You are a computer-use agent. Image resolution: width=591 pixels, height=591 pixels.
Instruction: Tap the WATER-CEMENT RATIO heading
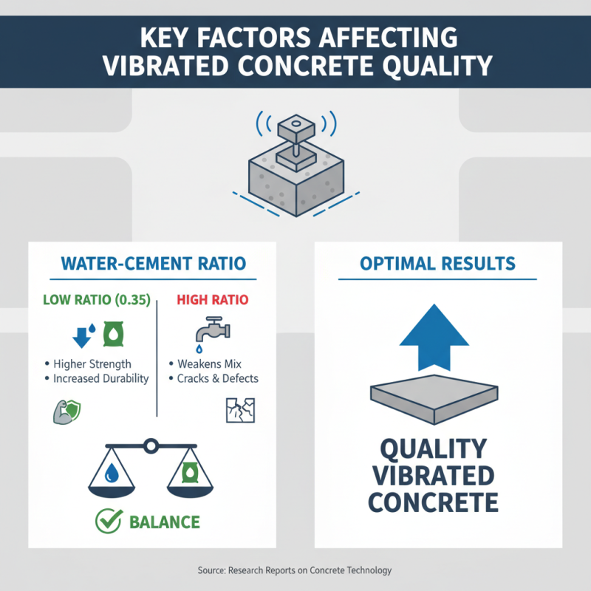152,264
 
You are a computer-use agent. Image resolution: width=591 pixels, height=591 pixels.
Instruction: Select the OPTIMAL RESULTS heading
437,264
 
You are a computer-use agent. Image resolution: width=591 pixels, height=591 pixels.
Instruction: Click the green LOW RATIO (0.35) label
97,301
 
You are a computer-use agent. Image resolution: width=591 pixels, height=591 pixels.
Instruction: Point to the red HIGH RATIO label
213,301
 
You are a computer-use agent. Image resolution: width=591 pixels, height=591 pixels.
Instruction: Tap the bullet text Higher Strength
92,363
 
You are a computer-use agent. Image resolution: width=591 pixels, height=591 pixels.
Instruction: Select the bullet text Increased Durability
100,378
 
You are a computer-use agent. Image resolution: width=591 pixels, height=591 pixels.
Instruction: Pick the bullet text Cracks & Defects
217,378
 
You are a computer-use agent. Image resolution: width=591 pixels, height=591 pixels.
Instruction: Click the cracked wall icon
234,410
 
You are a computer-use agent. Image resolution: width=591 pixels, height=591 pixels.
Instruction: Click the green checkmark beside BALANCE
109,522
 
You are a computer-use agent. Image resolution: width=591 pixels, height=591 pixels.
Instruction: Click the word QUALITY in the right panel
434,448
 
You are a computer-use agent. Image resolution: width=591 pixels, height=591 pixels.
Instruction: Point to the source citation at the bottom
295,570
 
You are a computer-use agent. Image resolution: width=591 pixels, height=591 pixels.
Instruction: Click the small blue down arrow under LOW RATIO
82,336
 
